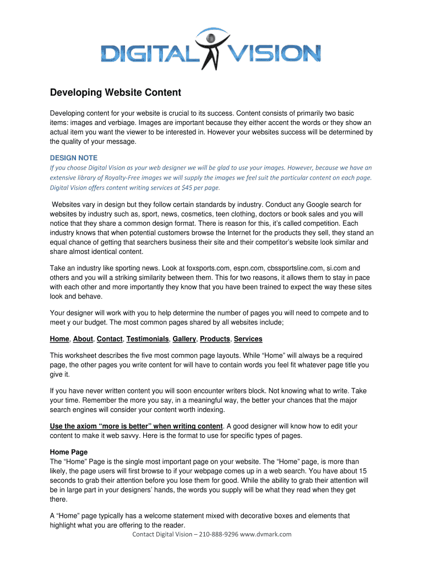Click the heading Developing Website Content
click(x=115, y=93)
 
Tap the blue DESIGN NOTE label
click(x=73, y=158)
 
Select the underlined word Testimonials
click(x=148, y=339)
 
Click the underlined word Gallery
click(x=184, y=339)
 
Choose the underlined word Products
click(x=215, y=339)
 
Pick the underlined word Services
click(x=248, y=339)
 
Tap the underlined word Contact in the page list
click(x=110, y=339)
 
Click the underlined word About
click(x=83, y=339)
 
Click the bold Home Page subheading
click(x=69, y=452)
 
